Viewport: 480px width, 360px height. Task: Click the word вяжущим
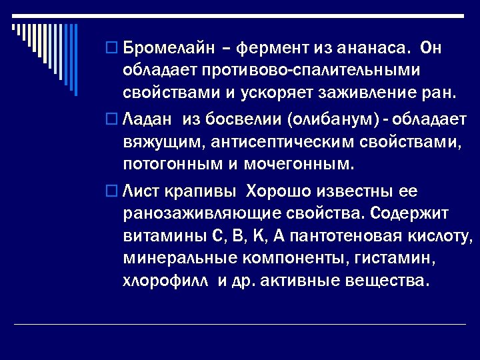[x=154, y=143]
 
